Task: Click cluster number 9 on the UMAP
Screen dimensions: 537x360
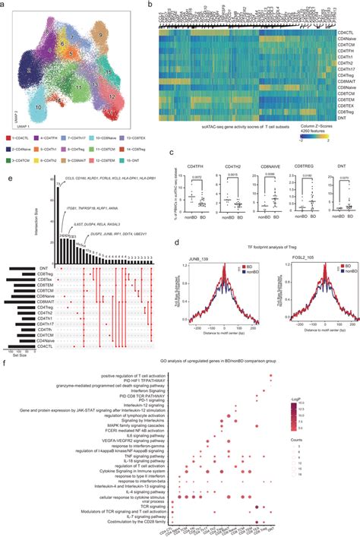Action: coord(100,35)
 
